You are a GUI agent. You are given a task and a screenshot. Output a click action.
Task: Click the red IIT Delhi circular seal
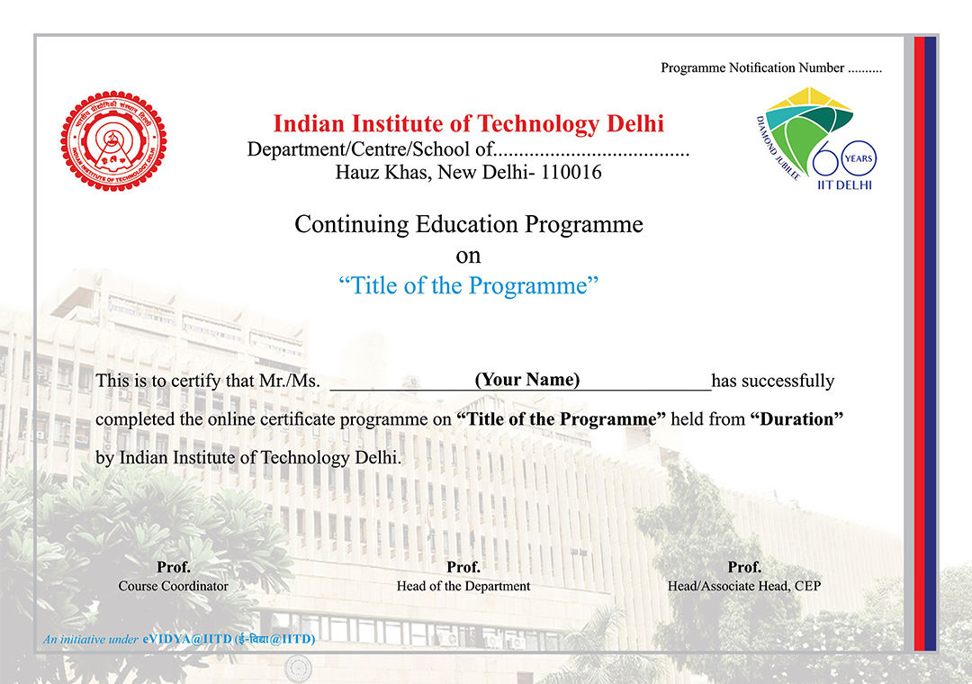pyautogui.click(x=113, y=140)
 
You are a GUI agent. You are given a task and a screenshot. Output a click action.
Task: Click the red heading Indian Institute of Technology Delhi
pyautogui.click(x=468, y=123)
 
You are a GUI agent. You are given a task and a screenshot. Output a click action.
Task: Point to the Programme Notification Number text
pyautogui.click(x=752, y=67)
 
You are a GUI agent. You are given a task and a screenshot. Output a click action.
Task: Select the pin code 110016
pyautogui.click(x=570, y=171)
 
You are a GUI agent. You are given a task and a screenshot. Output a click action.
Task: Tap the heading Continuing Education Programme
pyautogui.click(x=469, y=224)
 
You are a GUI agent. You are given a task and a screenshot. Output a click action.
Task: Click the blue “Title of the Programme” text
pyautogui.click(x=469, y=286)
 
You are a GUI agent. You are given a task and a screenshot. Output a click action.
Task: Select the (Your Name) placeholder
pyautogui.click(x=527, y=379)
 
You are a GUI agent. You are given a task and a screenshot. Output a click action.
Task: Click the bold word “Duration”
pyautogui.click(x=796, y=419)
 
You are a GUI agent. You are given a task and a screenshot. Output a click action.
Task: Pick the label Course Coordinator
pyautogui.click(x=174, y=586)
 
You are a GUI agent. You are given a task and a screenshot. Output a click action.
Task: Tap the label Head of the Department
pyautogui.click(x=463, y=586)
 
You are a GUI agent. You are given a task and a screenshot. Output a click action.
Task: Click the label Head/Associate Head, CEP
pyautogui.click(x=744, y=586)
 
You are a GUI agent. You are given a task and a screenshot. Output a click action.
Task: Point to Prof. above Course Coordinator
pyautogui.click(x=174, y=567)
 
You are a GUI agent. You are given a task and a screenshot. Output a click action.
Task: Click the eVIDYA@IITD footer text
pyautogui.click(x=229, y=639)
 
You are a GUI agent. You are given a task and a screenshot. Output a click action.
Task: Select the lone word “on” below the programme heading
pyautogui.click(x=468, y=256)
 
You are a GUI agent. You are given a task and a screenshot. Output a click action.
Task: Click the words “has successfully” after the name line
pyautogui.click(x=773, y=381)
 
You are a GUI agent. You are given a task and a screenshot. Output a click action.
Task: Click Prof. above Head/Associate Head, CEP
pyautogui.click(x=744, y=567)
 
